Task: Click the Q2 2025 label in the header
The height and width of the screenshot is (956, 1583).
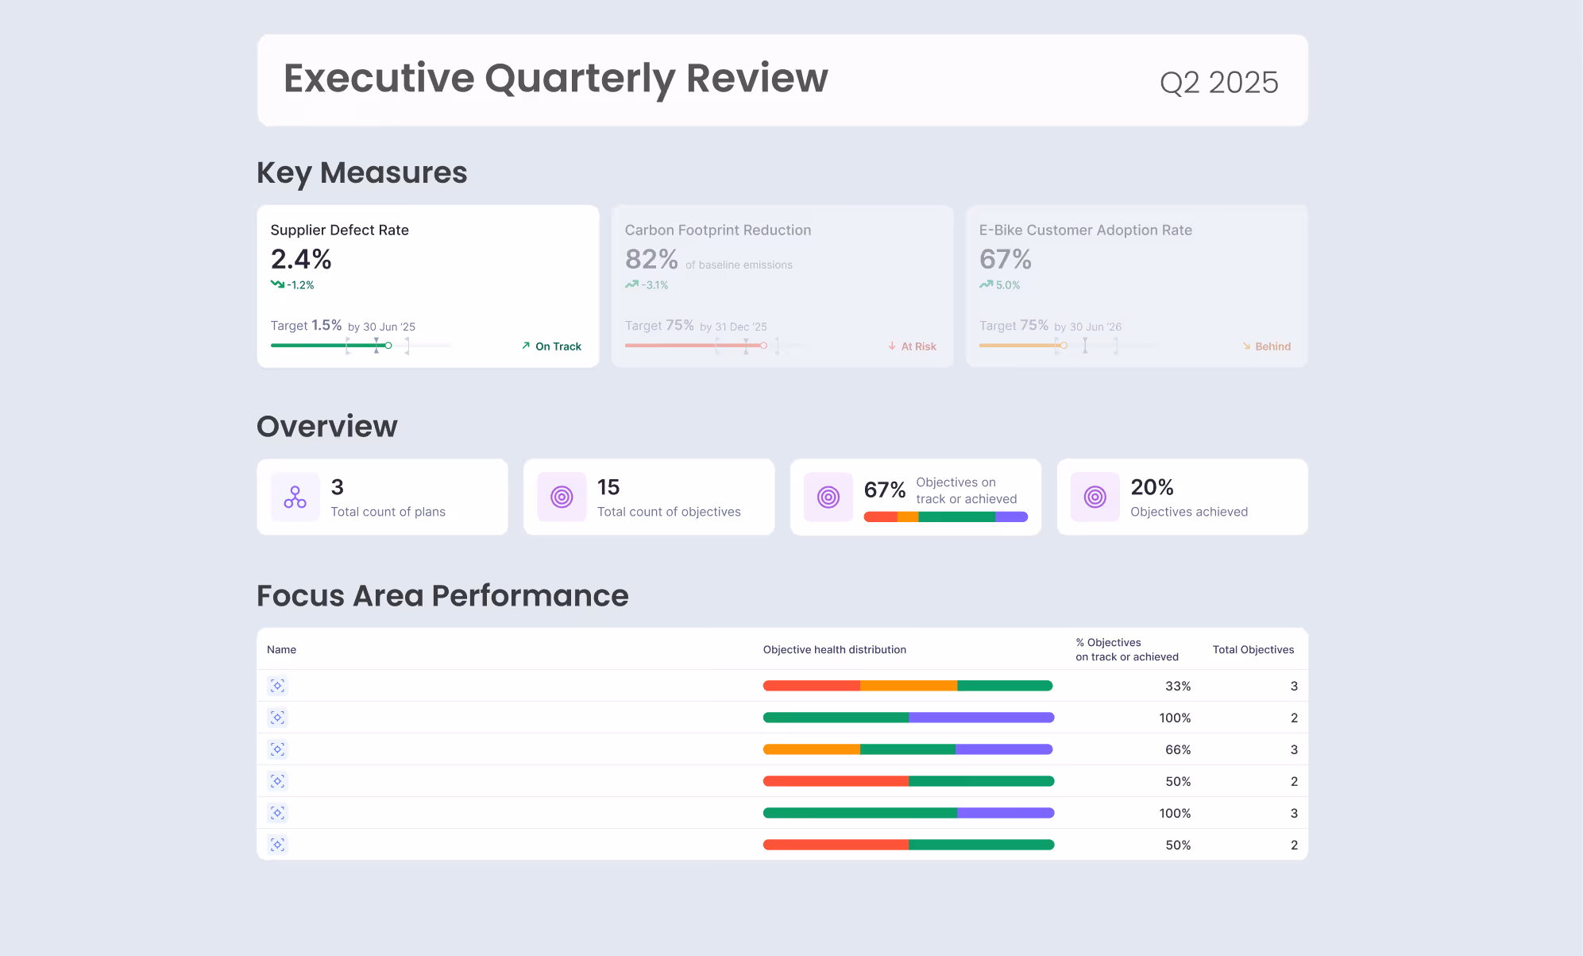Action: point(1218,83)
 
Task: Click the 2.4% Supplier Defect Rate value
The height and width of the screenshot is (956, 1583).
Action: point(301,259)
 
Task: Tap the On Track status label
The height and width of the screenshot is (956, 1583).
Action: point(558,346)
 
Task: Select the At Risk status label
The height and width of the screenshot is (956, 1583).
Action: point(918,346)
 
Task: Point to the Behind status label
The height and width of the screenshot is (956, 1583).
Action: point(1272,346)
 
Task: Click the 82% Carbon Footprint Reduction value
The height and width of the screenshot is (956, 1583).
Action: point(651,259)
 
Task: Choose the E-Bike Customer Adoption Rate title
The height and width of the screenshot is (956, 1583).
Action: point(1085,230)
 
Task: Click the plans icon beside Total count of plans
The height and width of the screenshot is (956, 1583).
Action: point(295,497)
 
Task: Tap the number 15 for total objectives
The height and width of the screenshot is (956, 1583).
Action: point(608,487)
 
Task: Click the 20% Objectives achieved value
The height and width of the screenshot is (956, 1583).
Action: point(1152,487)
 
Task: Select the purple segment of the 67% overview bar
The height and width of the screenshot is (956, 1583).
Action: point(1011,517)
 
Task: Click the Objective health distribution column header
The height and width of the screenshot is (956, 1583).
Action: point(834,649)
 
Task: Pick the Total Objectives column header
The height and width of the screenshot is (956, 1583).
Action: point(1253,649)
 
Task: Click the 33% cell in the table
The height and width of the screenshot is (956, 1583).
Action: point(1177,686)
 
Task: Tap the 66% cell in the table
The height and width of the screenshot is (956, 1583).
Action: point(1177,749)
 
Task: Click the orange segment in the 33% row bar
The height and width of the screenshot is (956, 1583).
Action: point(908,686)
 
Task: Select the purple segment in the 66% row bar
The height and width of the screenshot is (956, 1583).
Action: point(1004,749)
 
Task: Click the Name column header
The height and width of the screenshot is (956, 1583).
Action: point(281,649)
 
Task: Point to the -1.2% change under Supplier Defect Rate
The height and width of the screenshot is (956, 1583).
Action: point(300,285)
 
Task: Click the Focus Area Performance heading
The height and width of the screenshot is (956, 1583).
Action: point(442,595)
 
